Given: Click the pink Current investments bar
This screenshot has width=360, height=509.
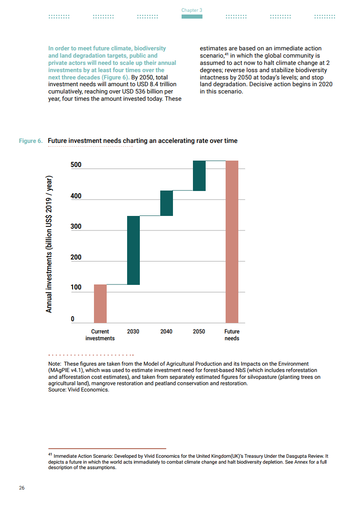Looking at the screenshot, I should point(100,303).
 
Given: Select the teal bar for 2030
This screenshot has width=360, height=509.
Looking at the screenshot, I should point(133,250).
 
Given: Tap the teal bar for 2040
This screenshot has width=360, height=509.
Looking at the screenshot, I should point(166,203).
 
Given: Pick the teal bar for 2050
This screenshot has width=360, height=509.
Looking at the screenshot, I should point(199,176).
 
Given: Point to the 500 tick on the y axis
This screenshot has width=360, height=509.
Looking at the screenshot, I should point(76,165).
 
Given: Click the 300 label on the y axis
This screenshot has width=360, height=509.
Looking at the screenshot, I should point(76,226).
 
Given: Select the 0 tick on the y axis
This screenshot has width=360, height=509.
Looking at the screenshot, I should point(72,319).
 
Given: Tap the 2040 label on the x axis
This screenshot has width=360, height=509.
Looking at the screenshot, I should point(166,332).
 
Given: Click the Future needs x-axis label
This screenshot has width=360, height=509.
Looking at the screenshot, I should point(232,335).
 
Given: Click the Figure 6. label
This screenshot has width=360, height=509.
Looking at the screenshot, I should point(31,141).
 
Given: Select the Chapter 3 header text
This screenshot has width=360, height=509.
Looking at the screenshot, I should point(192,10).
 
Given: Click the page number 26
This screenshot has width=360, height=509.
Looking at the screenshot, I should point(22,488).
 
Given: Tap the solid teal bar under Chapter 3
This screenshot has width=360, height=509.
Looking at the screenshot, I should point(192,17).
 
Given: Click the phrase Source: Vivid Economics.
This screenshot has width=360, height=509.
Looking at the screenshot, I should point(79,390).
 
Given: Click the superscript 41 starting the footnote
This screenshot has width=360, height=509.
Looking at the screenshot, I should point(50,454).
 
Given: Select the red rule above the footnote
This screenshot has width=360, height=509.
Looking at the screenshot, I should point(107,448).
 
